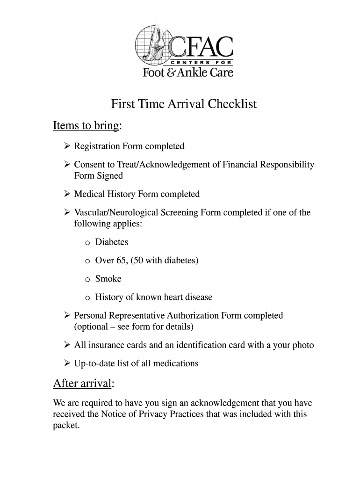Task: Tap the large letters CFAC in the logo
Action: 201,46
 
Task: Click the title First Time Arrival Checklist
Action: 184,104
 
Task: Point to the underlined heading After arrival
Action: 82,384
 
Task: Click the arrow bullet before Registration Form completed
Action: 67,146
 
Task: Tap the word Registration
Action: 97,146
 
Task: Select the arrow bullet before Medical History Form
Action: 67,194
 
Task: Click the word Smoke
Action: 108,279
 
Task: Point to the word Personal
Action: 91,315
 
